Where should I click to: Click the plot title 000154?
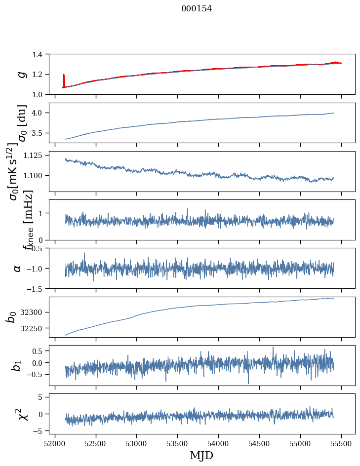(197, 8)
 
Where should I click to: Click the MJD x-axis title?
(201, 455)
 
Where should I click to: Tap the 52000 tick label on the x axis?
(55, 442)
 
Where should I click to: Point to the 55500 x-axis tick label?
(341, 442)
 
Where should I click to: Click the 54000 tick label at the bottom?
(218, 442)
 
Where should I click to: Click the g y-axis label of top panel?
(21, 74)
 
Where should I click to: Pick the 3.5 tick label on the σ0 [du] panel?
(42, 133)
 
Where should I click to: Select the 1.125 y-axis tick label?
(38, 155)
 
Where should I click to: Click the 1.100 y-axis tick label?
(38, 176)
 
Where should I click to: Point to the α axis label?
(17, 268)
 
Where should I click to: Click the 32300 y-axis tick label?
(36, 312)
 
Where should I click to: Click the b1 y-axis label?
(17, 365)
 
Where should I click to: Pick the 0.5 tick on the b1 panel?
(42, 351)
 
